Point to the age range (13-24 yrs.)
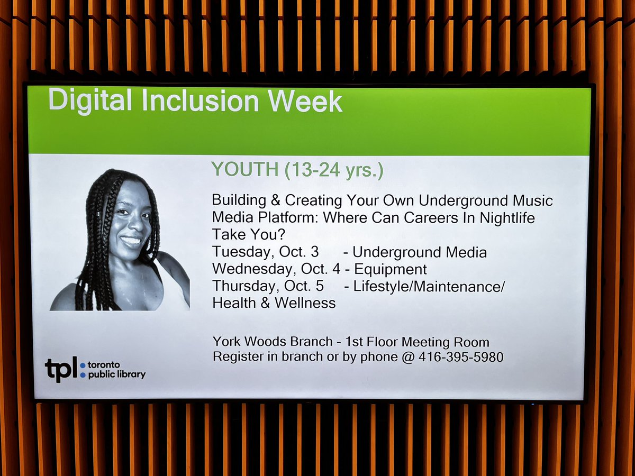[333, 170]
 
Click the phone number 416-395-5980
[460, 357]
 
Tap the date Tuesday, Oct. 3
[265, 252]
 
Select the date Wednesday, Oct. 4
[276, 269]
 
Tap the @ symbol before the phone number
[407, 357]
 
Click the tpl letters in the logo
[61, 369]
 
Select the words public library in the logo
[116, 374]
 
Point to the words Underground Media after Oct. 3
[419, 252]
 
